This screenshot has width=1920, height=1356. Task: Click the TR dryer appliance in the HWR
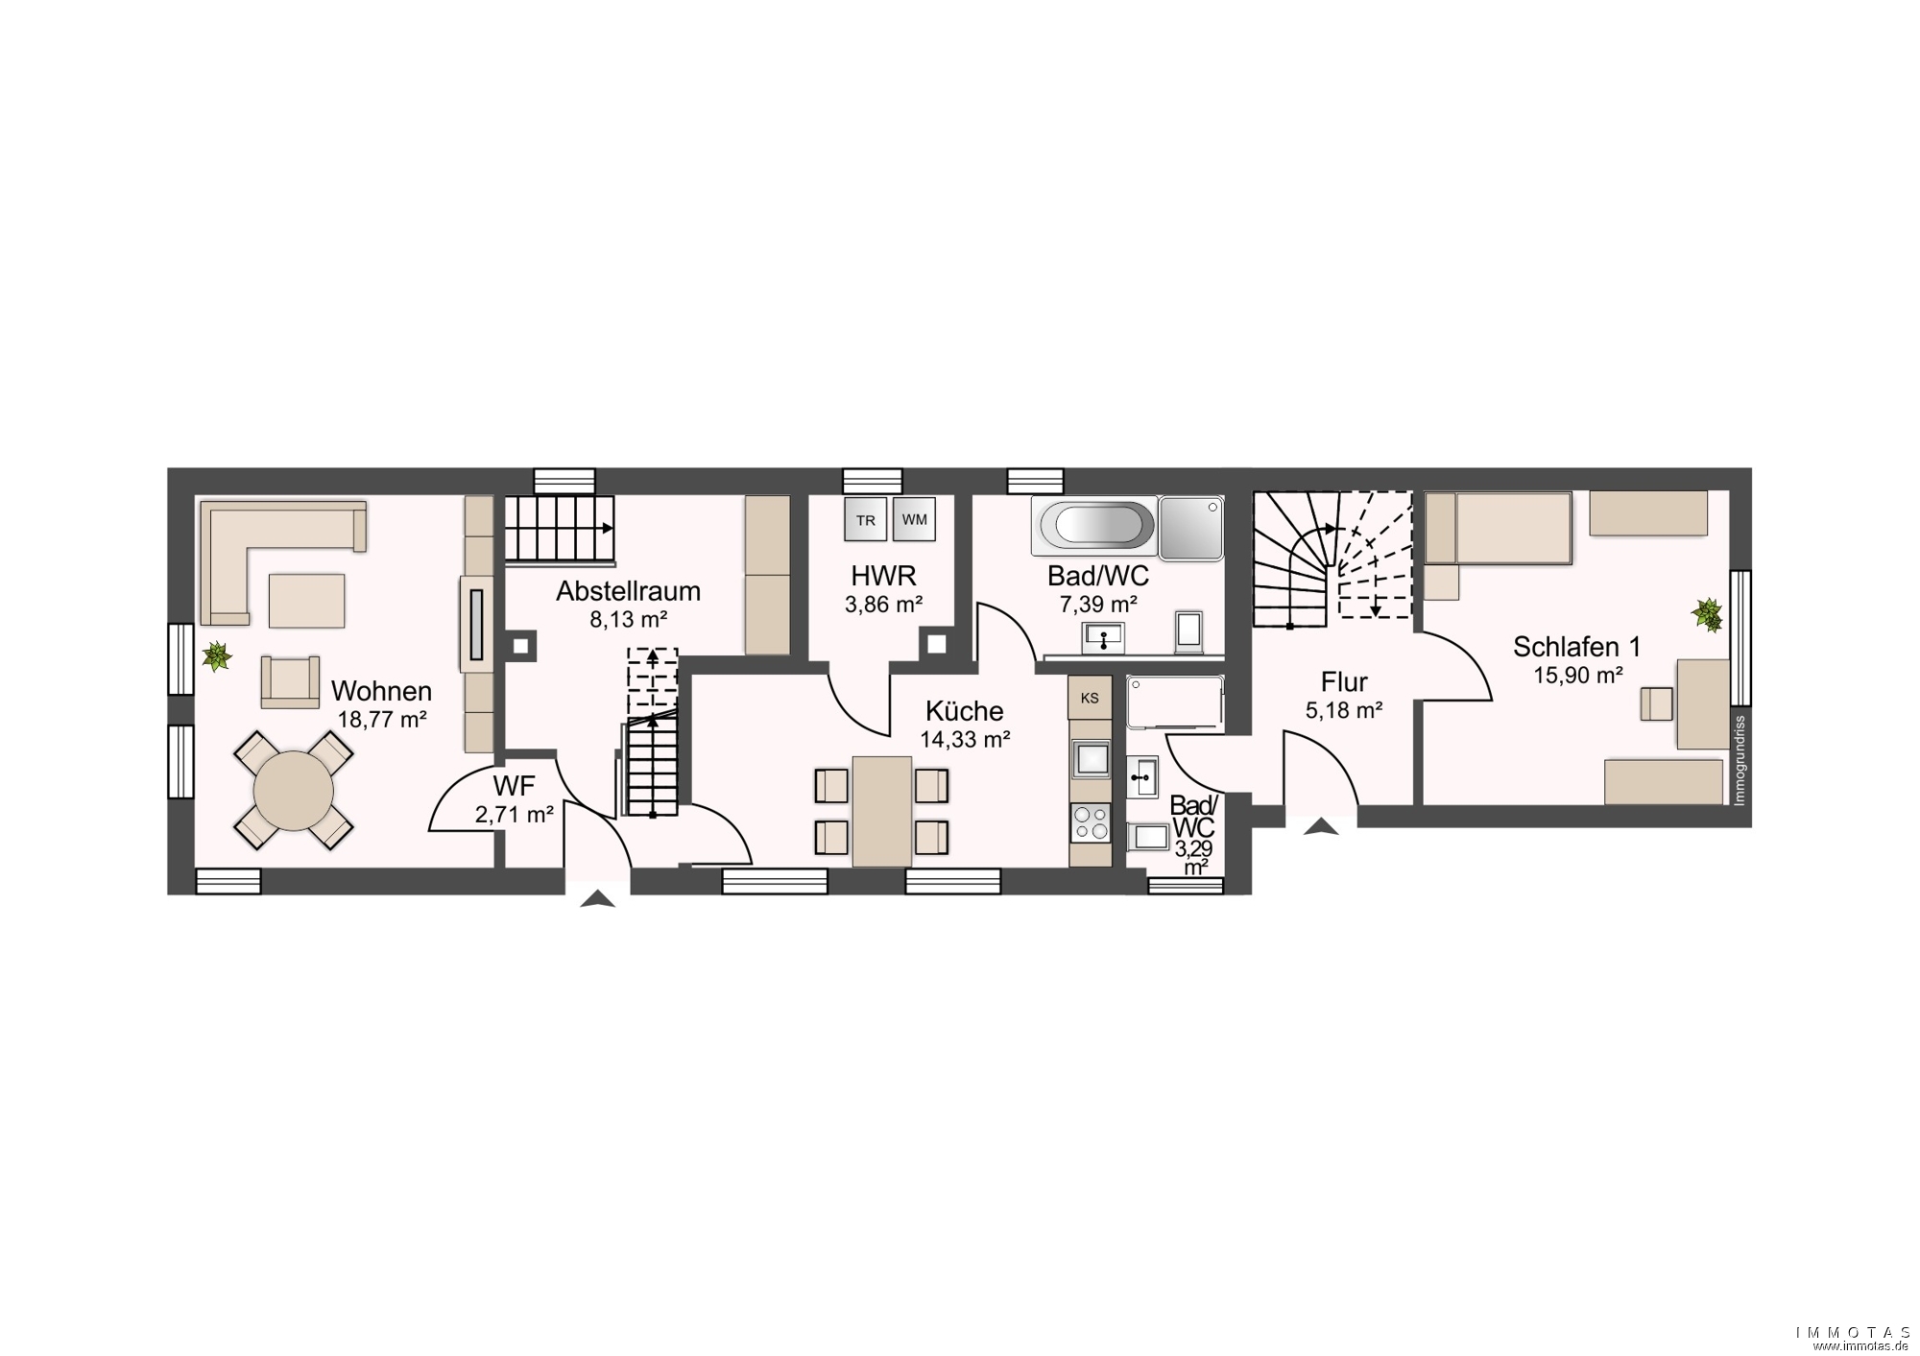pos(865,520)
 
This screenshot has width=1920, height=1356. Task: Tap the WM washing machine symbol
pos(914,519)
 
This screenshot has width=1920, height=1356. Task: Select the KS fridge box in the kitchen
pos(1090,698)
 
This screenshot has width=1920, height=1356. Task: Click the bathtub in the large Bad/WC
pos(1094,526)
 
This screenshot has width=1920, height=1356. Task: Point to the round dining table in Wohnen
pos(294,791)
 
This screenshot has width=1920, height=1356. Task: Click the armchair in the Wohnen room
pos(290,681)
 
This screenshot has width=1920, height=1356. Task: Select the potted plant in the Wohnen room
pos(217,656)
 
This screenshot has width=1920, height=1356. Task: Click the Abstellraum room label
pos(628,591)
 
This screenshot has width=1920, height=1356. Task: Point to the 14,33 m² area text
pos(965,739)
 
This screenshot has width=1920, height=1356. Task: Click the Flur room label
pos(1344,682)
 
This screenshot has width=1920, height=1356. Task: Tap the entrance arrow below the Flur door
pos(1321,825)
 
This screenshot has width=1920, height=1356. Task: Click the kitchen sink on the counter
pos(1090,758)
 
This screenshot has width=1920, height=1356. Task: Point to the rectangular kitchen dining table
pos(881,811)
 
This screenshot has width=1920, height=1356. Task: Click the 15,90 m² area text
pos(1577,676)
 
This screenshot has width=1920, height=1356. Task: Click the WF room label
pos(514,786)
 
